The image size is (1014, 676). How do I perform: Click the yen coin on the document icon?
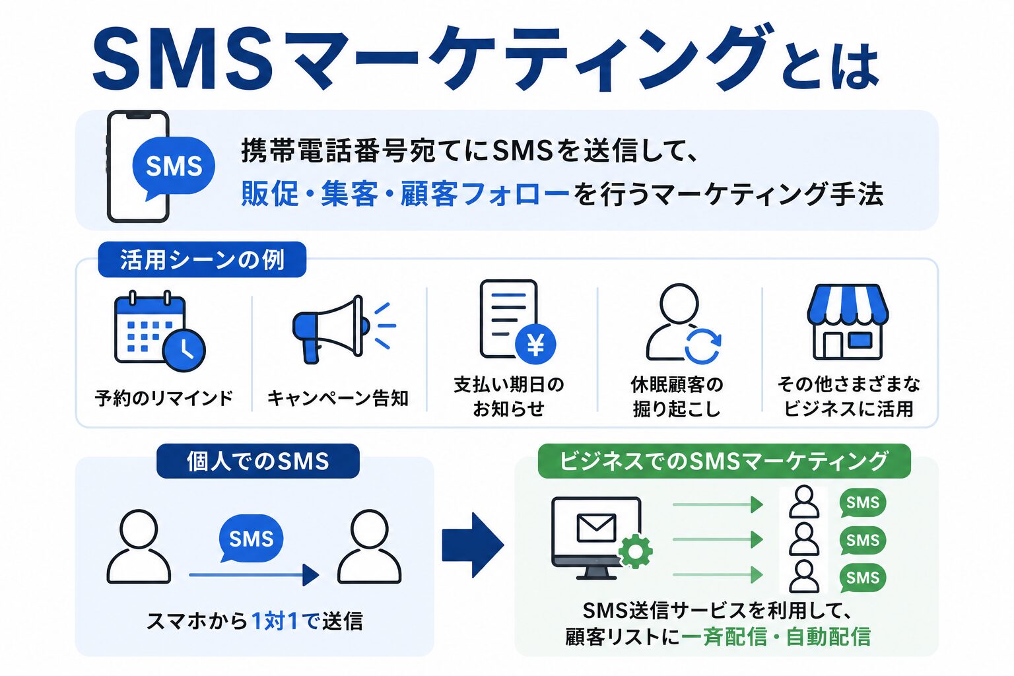(535, 344)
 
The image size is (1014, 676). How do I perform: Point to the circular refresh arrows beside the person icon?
(702, 347)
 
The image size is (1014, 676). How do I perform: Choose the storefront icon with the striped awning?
(848, 322)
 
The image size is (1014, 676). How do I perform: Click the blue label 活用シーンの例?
(202, 260)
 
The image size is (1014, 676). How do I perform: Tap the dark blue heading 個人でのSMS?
(258, 461)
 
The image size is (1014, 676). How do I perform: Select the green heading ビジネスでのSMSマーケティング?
(724, 461)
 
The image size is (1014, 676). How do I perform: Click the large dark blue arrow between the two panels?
(473, 545)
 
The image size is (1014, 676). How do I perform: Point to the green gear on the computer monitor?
(635, 551)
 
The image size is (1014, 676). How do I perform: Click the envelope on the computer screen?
(597, 527)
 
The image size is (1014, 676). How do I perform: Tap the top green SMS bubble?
(862, 502)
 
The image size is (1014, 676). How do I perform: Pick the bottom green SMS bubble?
(862, 578)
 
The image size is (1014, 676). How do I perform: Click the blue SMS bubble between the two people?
(252, 538)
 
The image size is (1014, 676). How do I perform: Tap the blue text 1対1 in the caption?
(275, 621)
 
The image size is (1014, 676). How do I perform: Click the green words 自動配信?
(828, 637)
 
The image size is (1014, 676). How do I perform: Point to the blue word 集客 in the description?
(349, 193)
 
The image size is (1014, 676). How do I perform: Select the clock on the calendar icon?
(184, 350)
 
